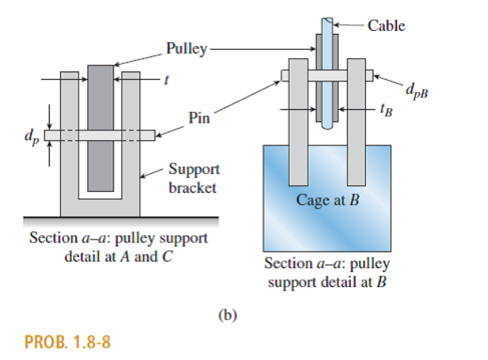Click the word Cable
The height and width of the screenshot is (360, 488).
(x=386, y=26)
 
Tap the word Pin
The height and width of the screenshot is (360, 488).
(x=200, y=118)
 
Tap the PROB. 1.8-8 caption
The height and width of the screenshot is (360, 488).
(x=69, y=343)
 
